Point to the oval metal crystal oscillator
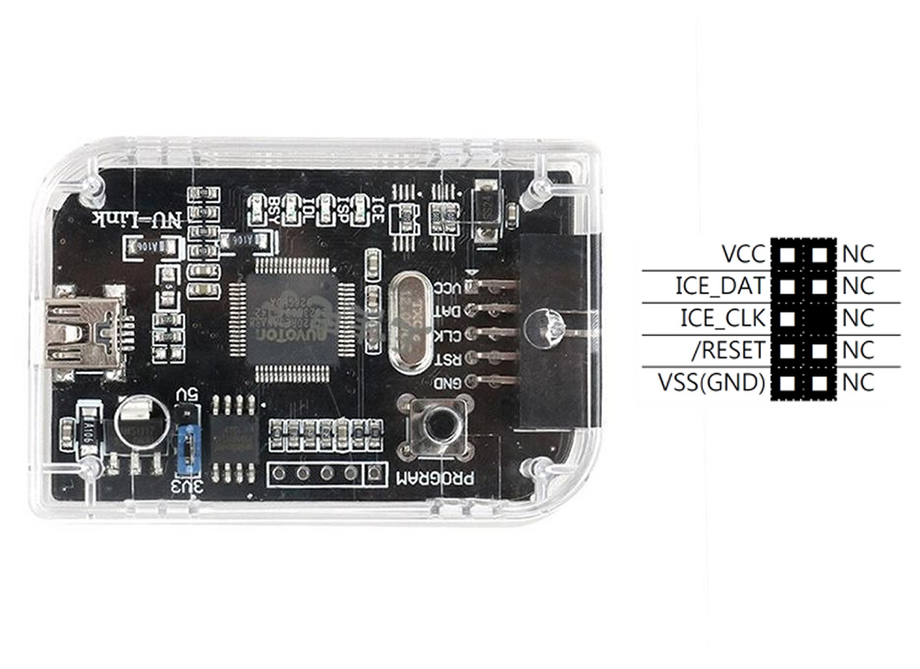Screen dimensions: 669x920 [409, 320]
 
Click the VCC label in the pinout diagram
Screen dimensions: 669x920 [743, 253]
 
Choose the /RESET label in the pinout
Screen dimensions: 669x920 [730, 350]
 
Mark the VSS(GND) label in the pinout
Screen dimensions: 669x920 [711, 383]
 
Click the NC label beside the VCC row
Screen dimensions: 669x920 [858, 253]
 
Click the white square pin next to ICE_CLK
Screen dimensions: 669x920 [786, 319]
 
